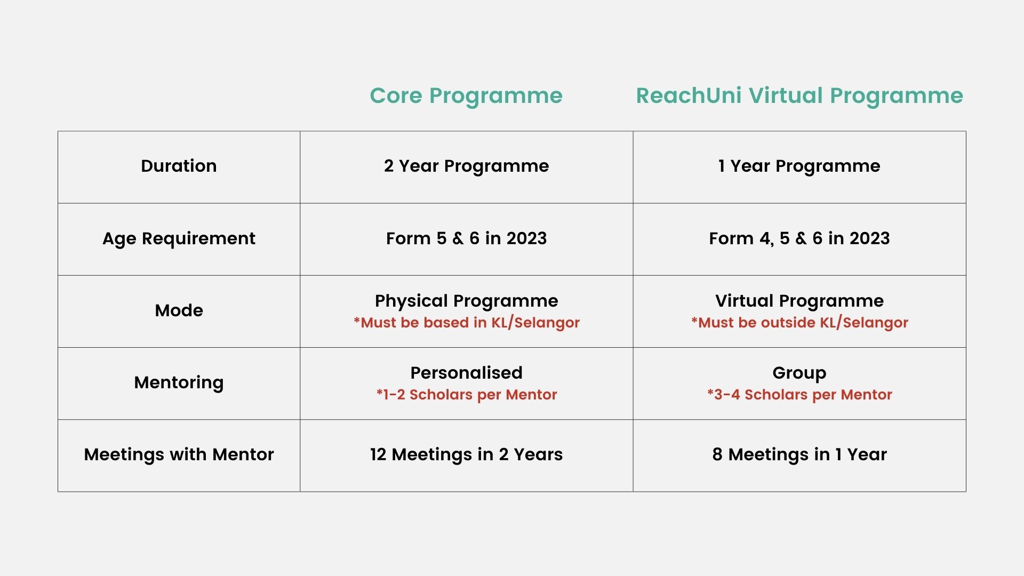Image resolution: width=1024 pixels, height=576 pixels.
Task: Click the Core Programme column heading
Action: tap(466, 97)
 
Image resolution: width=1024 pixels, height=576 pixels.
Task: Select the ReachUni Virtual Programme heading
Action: tap(799, 97)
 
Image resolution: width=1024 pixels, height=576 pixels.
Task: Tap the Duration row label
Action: tap(179, 166)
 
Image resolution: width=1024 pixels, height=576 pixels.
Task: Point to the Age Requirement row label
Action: tap(179, 239)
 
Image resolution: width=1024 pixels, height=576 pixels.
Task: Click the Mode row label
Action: tap(179, 310)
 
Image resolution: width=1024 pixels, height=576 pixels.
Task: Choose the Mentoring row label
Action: tap(179, 383)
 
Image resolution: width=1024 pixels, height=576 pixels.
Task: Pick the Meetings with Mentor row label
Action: tap(179, 455)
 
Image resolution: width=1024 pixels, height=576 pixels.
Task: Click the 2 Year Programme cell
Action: tap(466, 166)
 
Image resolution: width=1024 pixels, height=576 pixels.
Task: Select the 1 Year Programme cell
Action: tap(799, 166)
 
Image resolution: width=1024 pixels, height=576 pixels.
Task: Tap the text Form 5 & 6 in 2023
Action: tap(466, 238)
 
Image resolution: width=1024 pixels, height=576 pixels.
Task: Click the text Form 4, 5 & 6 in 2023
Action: tap(799, 238)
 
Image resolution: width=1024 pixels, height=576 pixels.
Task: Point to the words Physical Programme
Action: tap(466, 301)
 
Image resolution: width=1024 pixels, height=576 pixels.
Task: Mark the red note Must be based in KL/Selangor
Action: tap(466, 323)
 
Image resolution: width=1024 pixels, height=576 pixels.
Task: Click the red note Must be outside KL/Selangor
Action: tap(799, 323)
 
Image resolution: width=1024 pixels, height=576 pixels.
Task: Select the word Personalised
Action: tap(466, 373)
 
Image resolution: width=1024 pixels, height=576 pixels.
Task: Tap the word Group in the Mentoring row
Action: tap(799, 373)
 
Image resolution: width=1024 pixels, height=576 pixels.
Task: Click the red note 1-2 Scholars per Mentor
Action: tap(466, 395)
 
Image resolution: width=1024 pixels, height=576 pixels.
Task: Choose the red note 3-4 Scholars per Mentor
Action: tap(799, 395)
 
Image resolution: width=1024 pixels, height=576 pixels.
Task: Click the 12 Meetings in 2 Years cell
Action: tap(466, 455)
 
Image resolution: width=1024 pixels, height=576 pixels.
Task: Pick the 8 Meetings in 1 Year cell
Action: tap(799, 455)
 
